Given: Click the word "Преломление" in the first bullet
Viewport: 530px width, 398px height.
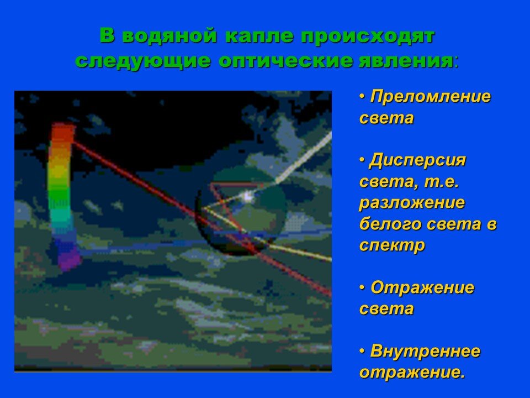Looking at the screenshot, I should (430, 97).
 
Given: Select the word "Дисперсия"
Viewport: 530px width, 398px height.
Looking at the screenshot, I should (418, 161).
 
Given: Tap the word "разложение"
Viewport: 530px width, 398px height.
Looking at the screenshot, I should (412, 203).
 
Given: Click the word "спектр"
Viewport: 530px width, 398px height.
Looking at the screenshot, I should (392, 245).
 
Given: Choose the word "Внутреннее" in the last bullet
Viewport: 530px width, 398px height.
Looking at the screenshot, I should (425, 352).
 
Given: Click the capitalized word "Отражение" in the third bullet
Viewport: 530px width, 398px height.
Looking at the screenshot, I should (422, 288).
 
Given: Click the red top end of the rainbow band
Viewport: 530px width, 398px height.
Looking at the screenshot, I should (63, 133).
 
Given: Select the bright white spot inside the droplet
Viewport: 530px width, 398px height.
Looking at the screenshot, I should (247, 196).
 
